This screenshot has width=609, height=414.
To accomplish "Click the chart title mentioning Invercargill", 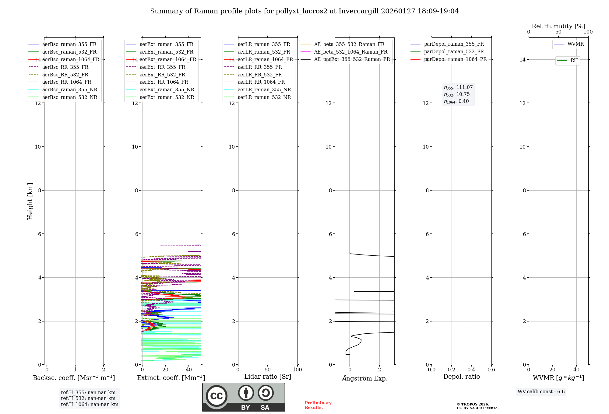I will click(304, 11).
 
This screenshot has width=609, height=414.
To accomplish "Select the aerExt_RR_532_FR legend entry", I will click(162, 75).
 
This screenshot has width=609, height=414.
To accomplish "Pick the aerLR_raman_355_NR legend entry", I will click(264, 89).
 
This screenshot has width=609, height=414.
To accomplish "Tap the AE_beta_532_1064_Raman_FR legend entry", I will click(350, 52).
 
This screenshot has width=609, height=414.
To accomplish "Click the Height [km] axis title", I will click(30, 201).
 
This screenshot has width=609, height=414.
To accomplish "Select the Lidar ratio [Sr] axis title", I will click(268, 377).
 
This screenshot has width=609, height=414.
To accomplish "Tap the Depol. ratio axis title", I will click(461, 377).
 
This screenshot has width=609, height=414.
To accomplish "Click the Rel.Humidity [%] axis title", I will click(558, 26).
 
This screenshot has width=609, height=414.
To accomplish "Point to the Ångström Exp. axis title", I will click(364, 378).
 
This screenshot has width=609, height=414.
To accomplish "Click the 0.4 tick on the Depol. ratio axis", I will click(471, 370).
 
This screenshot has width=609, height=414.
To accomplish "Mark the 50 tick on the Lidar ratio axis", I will click(268, 370).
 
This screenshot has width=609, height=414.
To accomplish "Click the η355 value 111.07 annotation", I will click(458, 87).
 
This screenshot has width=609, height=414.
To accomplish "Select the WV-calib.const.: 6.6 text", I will click(541, 392).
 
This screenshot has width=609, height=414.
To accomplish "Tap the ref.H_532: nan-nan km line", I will click(88, 398).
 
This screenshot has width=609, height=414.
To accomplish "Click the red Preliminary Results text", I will click(318, 405).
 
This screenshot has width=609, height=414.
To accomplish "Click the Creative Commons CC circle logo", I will click(216, 396).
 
